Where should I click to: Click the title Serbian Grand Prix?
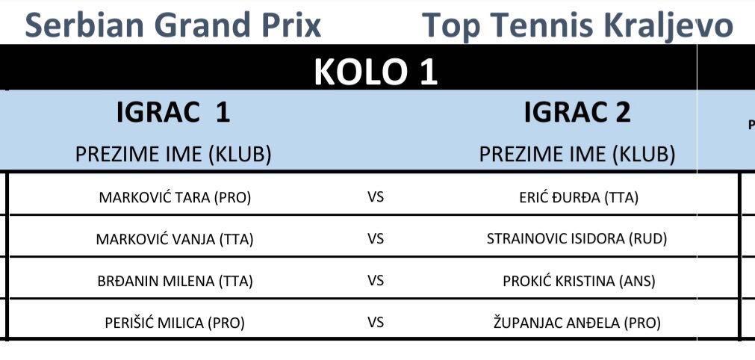pyautogui.click(x=173, y=25)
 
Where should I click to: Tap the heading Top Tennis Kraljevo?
pyautogui.click(x=577, y=26)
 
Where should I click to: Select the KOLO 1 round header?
pyautogui.click(x=376, y=72)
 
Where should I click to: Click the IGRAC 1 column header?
pyautogui.click(x=173, y=113)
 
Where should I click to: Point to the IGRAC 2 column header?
pyautogui.click(x=577, y=113)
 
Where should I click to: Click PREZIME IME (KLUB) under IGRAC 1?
pyautogui.click(x=173, y=155)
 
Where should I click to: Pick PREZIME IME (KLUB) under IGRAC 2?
pyautogui.click(x=577, y=155)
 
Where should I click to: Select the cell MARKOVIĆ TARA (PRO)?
pyautogui.click(x=175, y=198)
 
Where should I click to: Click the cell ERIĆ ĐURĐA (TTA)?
pyautogui.click(x=579, y=198)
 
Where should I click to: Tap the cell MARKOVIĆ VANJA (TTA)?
pyautogui.click(x=175, y=239)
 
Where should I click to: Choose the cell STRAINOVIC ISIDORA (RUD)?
pyautogui.click(x=577, y=239)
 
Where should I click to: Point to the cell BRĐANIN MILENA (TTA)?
pyautogui.click(x=175, y=281)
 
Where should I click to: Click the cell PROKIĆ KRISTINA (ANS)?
pyautogui.click(x=579, y=281)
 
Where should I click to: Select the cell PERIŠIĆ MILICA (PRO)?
pyautogui.click(x=175, y=323)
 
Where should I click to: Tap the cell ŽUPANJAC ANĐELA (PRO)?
pyautogui.click(x=577, y=323)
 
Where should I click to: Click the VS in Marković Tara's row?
pyautogui.click(x=376, y=197)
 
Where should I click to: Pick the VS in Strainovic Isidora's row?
pyautogui.click(x=376, y=239)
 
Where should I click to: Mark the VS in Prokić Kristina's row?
pyautogui.click(x=376, y=281)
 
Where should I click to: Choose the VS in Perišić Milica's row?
pyautogui.click(x=376, y=322)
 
